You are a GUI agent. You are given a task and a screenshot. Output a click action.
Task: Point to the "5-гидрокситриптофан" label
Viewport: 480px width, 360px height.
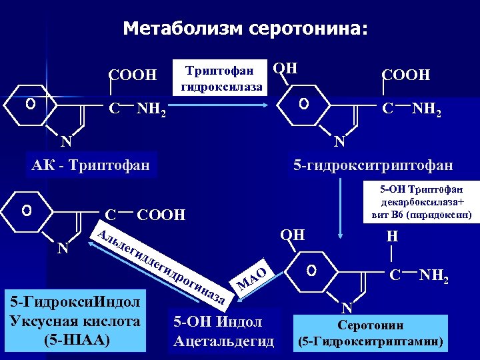[373, 165]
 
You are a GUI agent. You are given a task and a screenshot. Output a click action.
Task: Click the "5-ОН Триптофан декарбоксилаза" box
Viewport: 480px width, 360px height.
[419, 201]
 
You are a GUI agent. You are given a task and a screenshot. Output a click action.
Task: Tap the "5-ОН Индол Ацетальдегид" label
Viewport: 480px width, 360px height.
[223, 331]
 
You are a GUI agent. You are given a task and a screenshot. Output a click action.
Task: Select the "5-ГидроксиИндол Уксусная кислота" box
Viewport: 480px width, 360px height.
[75, 321]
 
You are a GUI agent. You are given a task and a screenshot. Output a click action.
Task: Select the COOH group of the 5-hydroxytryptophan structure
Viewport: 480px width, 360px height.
[405, 74]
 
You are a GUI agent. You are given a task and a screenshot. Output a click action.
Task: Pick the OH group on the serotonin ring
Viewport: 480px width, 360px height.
[293, 234]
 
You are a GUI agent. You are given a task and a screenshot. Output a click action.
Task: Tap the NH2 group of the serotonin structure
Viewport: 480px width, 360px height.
[435, 275]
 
